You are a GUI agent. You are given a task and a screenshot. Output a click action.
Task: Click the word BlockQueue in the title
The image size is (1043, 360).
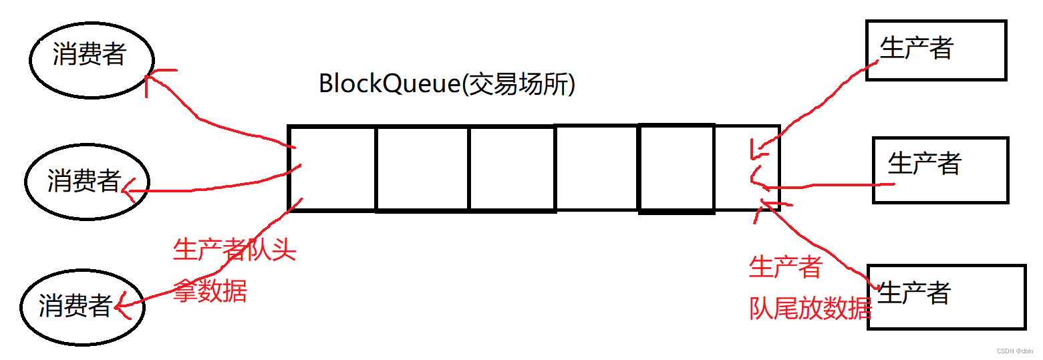tap(390, 84)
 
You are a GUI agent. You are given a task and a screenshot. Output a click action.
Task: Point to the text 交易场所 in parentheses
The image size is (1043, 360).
tap(518, 84)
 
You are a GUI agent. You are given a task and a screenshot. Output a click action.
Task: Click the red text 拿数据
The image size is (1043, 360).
tap(210, 291)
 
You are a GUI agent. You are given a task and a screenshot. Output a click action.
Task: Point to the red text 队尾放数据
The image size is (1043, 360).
tap(810, 309)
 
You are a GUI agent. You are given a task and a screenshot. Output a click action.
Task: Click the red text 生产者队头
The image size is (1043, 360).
tap(235, 250)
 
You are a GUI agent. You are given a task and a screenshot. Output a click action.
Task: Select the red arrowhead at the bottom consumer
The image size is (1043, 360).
tap(122, 306)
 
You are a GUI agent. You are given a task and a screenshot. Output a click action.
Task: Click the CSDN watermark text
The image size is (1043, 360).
tap(1014, 351)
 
